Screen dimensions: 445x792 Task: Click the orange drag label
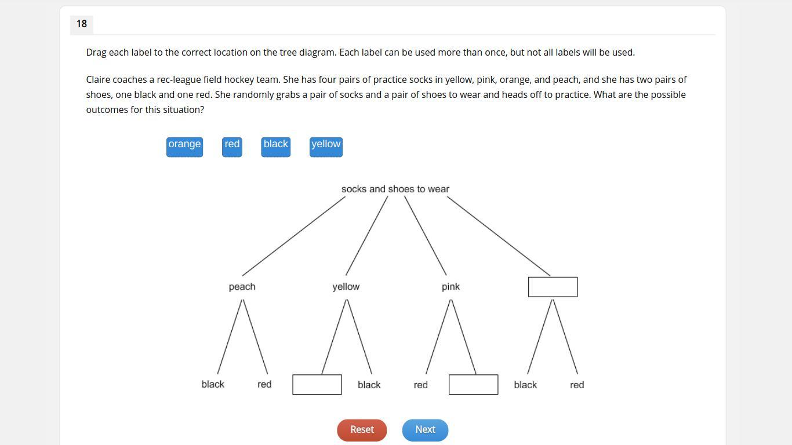[x=184, y=147]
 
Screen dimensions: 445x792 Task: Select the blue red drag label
[x=232, y=147]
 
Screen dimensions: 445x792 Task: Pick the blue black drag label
[x=275, y=147]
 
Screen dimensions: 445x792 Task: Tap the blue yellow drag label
[x=326, y=147]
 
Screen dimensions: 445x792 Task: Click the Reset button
[x=362, y=430]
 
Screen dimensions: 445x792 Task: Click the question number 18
[x=81, y=24]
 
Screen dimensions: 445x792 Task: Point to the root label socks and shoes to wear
[x=395, y=189]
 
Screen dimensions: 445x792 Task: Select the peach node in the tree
[x=242, y=287]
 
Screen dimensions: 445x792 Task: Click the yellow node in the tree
[x=346, y=287]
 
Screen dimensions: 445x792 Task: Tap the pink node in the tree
[x=451, y=287]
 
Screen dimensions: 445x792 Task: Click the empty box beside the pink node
[x=553, y=287]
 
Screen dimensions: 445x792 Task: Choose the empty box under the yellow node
[x=317, y=385]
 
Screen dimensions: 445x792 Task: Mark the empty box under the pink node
[x=473, y=385]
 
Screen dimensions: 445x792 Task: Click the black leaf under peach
[x=213, y=384]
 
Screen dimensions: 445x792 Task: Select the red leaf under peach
[x=264, y=384]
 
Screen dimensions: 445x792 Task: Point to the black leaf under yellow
[x=369, y=385]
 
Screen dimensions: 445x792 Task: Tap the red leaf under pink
[x=421, y=385]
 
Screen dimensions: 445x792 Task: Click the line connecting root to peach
[x=293, y=236]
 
